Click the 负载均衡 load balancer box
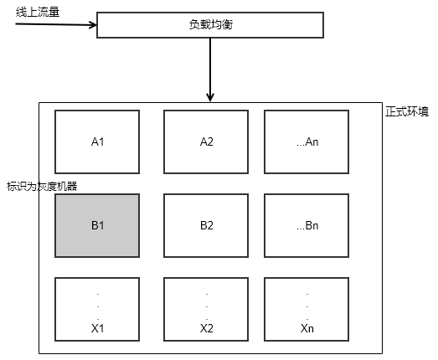click(209, 26)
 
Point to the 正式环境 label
click(406, 112)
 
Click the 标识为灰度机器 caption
click(42, 186)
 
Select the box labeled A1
click(97, 141)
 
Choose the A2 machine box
click(206, 141)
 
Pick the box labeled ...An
click(307, 141)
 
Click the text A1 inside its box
click(97, 141)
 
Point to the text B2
click(206, 225)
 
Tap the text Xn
click(307, 328)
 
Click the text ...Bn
click(307, 225)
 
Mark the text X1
click(97, 328)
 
